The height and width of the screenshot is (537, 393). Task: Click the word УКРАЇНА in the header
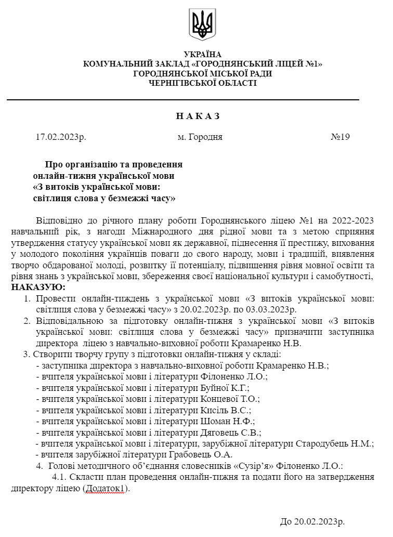(x=203, y=55)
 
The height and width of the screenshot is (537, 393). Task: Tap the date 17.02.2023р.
(x=61, y=137)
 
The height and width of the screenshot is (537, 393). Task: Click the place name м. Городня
(x=200, y=137)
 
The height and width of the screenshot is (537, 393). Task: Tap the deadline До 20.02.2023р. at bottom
(x=312, y=522)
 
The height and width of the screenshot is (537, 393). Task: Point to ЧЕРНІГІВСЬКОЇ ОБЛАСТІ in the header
(x=203, y=83)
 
